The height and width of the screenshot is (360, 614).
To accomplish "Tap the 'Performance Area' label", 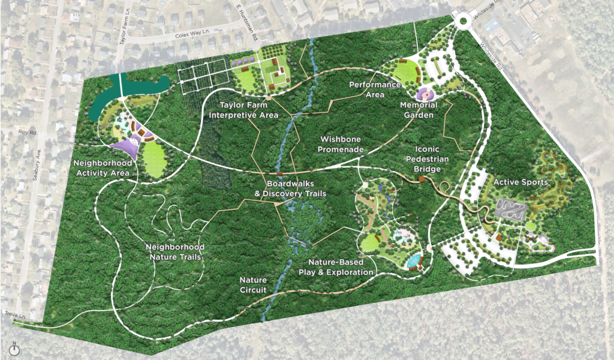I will point(375,90).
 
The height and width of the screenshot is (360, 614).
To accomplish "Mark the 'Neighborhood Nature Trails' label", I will point(176,252).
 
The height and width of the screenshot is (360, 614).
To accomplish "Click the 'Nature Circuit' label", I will point(253,285).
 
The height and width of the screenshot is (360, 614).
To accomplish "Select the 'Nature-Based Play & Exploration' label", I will point(341,268).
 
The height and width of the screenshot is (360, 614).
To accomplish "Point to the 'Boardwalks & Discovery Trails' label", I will point(290,188).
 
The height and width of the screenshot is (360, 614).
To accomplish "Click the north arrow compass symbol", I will point(15,349).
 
